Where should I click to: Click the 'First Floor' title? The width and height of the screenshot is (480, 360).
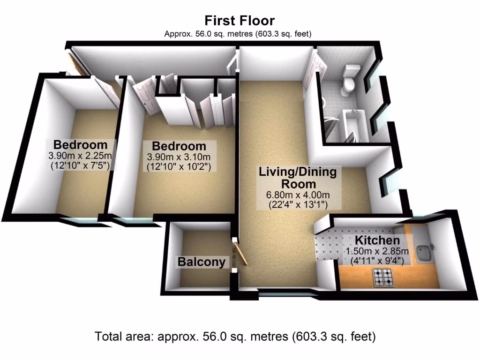(x=240, y=20)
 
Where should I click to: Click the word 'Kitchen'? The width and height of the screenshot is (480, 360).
(x=373, y=241)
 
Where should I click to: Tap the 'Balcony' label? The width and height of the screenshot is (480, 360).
(x=202, y=262)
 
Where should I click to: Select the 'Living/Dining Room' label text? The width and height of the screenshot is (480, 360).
(x=298, y=178)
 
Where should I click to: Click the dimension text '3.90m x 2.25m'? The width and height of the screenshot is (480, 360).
(x=80, y=155)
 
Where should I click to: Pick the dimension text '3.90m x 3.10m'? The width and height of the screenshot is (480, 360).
(x=179, y=157)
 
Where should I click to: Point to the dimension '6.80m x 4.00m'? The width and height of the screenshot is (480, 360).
(x=297, y=195)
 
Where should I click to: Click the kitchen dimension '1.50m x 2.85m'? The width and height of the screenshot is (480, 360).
(x=377, y=251)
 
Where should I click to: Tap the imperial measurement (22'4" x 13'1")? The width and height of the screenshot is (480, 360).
(x=297, y=204)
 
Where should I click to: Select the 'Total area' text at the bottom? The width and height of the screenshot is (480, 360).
(x=236, y=336)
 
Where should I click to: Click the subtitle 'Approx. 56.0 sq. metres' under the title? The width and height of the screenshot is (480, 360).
(x=238, y=34)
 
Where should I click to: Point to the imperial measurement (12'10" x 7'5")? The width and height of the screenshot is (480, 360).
(x=80, y=165)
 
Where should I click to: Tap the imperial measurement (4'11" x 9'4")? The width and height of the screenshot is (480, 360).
(x=377, y=261)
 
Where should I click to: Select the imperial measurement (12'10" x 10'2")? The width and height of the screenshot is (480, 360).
(x=179, y=166)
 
